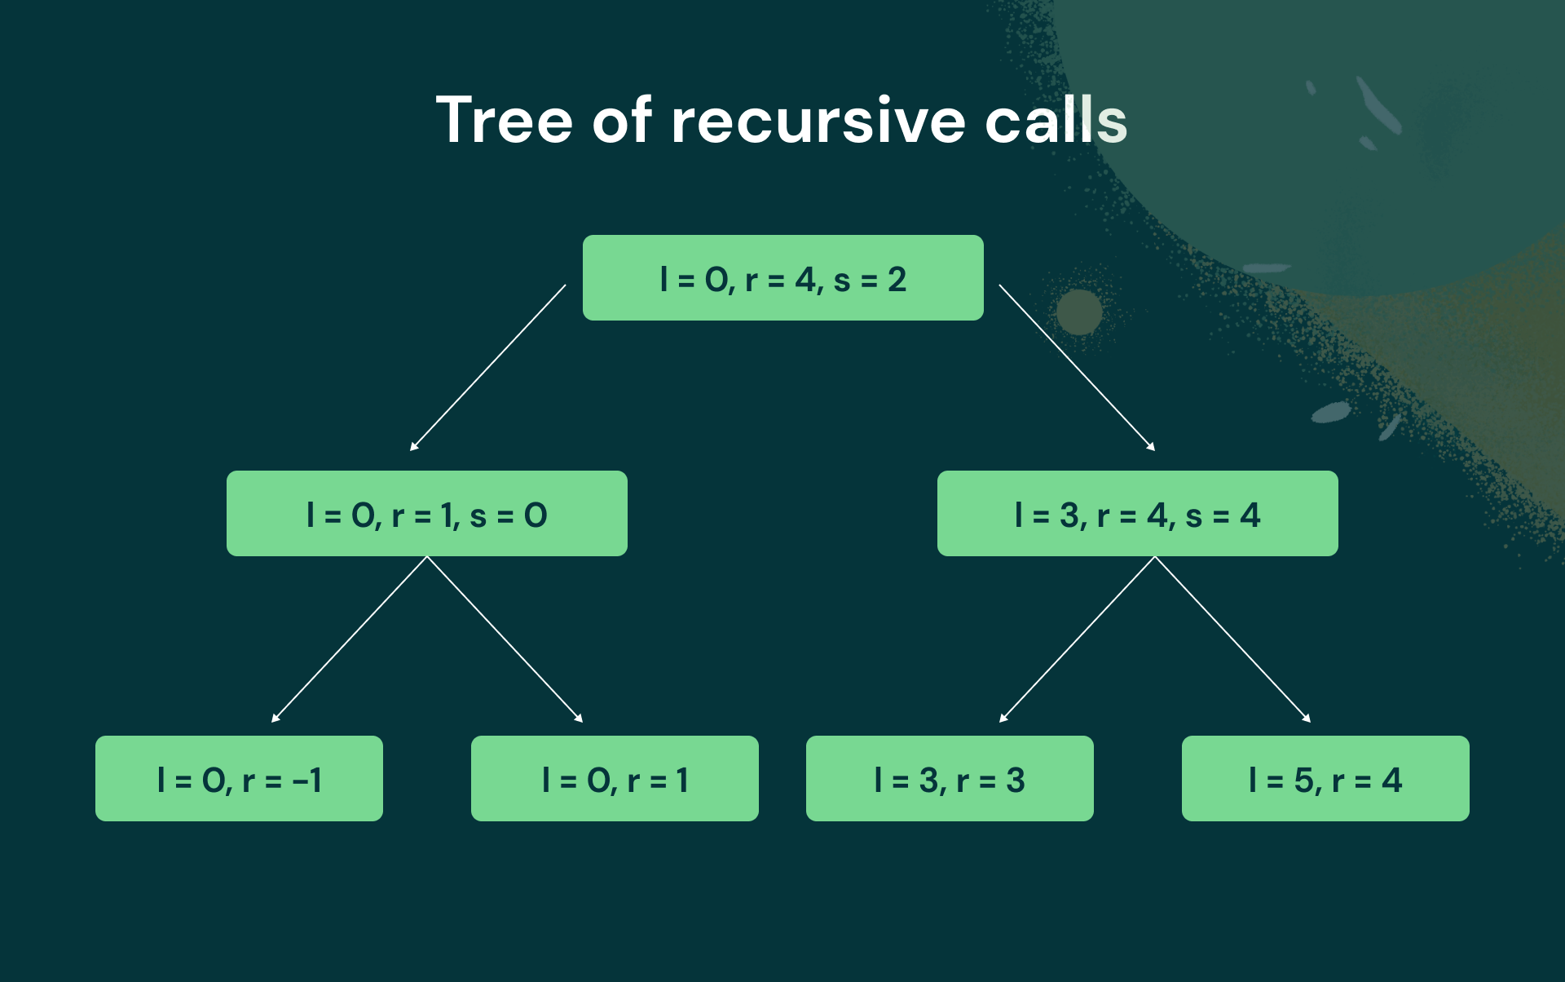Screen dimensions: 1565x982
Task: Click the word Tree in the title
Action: (504, 120)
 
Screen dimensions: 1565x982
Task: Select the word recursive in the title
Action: (818, 122)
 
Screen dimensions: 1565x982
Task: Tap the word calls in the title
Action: (1056, 120)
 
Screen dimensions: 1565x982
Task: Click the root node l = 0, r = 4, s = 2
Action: (782, 277)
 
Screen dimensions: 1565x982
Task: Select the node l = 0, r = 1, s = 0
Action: (427, 513)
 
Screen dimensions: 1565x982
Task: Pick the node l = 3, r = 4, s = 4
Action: (1138, 513)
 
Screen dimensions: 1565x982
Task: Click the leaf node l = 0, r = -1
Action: (239, 778)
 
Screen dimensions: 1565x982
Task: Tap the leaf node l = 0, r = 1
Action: (615, 778)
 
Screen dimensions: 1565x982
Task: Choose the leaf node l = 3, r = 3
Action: (950, 778)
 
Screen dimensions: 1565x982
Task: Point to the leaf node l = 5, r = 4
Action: (1325, 778)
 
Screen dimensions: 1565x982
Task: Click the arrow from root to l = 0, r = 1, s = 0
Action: (487, 368)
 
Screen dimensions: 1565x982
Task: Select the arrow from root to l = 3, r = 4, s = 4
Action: (1078, 368)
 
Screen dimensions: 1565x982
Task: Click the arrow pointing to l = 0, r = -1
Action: (349, 639)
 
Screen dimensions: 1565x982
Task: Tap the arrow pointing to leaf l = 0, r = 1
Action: (505, 639)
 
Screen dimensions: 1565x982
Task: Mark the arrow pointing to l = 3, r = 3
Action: (1077, 639)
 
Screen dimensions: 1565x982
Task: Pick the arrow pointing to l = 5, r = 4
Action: (1233, 639)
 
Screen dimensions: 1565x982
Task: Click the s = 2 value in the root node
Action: (870, 280)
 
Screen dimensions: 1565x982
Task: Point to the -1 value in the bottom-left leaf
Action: (306, 781)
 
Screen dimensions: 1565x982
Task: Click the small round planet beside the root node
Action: (1079, 312)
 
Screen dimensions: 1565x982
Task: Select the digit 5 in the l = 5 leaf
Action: (1303, 781)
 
